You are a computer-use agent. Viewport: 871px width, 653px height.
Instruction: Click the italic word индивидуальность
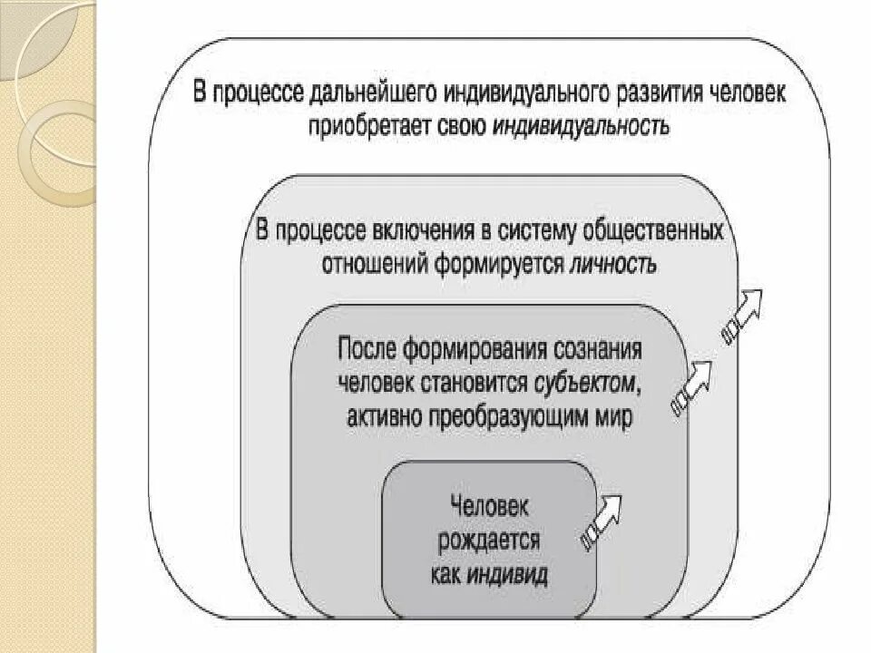tap(581, 127)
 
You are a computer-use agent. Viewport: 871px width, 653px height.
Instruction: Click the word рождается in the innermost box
tap(489, 541)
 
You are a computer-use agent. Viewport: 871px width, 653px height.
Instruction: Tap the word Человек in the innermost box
tap(489, 508)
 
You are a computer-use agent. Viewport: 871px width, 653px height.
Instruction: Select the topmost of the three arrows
tap(742, 313)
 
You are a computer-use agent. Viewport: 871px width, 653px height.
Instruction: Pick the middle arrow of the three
tap(691, 385)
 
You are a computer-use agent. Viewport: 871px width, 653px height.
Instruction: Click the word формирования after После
tap(474, 350)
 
